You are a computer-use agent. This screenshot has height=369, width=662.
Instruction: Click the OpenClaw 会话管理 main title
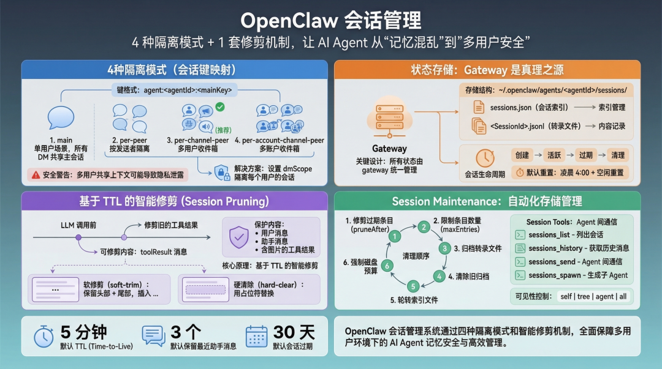tap(331, 20)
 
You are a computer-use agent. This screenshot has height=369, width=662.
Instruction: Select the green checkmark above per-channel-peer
tap(220, 107)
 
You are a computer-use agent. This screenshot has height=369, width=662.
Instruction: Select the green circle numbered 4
tap(438, 277)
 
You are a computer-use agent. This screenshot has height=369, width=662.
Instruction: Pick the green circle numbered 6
tap(387, 266)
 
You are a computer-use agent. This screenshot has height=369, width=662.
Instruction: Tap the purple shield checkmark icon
tap(238, 237)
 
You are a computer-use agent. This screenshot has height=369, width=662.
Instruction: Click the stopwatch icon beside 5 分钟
tap(44, 337)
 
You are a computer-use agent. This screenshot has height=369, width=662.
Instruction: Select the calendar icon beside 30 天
tap(257, 337)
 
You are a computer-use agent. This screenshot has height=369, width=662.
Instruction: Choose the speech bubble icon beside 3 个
tap(153, 337)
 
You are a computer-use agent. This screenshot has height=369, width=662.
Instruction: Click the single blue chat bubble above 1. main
tap(61, 117)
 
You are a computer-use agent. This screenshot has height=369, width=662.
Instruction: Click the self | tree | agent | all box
tap(593, 297)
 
